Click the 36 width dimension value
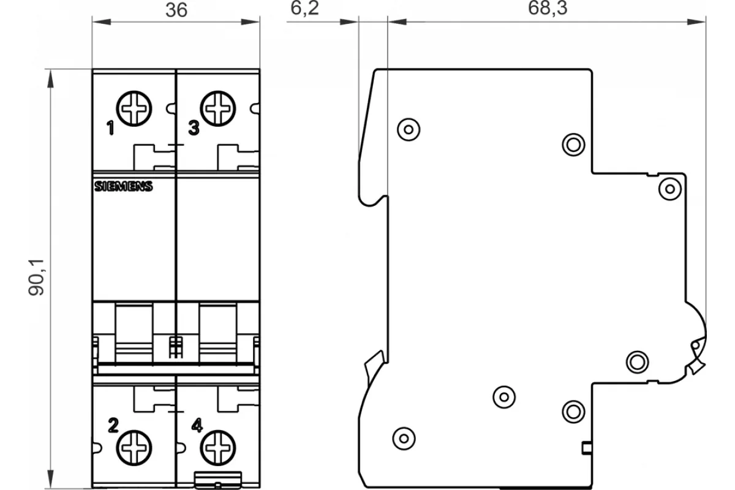176,10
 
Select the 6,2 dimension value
304,8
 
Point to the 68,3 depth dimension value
548,8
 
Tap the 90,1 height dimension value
36,277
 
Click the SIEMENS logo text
123,186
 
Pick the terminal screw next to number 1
134,108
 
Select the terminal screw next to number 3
218,108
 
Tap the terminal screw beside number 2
134,448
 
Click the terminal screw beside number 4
218,448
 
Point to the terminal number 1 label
111,128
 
